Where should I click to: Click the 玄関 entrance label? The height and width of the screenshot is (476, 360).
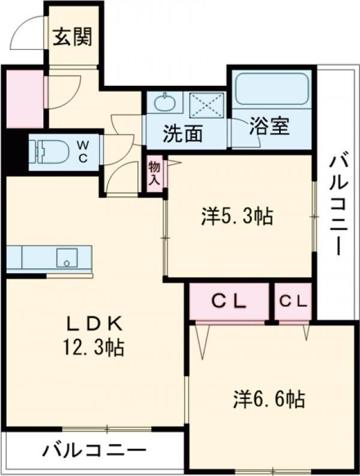(x=72, y=38)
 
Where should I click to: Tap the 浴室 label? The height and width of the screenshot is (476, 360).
(x=269, y=127)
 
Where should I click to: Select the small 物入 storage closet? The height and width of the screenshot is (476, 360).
(x=154, y=173)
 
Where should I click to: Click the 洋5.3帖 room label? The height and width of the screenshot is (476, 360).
(x=237, y=216)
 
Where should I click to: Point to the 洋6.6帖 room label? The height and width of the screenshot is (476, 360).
(x=269, y=398)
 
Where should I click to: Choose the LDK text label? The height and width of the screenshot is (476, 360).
(x=94, y=324)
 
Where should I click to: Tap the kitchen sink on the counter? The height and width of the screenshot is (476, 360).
(x=67, y=258)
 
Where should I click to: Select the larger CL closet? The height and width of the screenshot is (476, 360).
(x=229, y=302)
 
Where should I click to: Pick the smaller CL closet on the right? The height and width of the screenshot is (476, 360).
(x=293, y=302)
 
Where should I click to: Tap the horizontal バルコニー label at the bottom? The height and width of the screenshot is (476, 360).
(x=94, y=450)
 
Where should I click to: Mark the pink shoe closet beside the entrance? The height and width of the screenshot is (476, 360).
(x=24, y=98)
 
